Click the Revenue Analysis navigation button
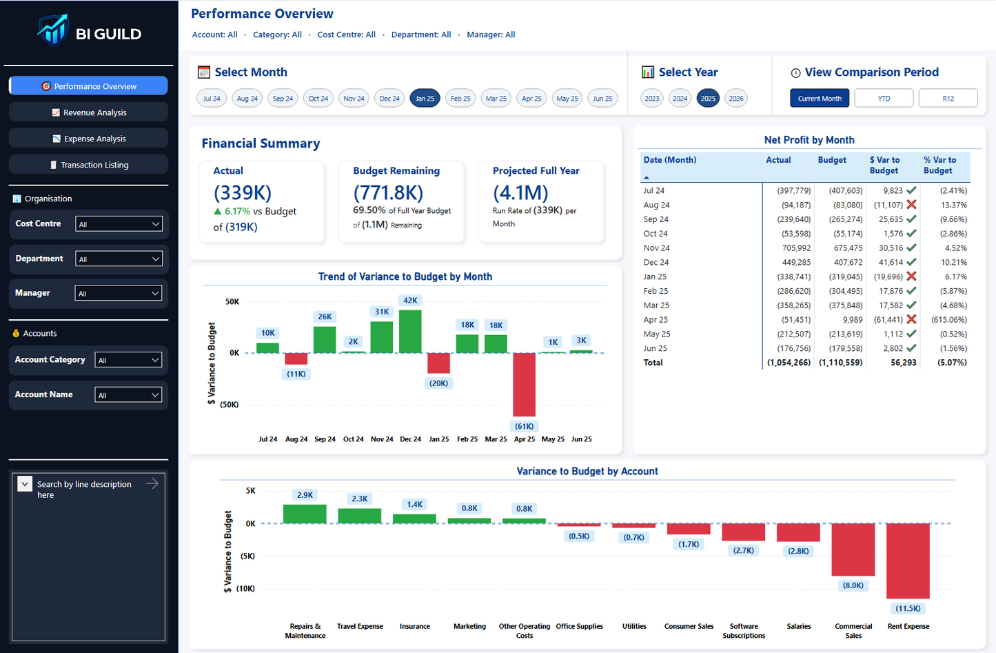pos(88,112)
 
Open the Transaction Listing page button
pos(88,165)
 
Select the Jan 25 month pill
pos(425,99)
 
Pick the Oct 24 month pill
pos(318,99)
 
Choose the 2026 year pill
pos(736,99)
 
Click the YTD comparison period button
pos(884,99)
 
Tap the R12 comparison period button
pos(948,99)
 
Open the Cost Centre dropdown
pos(119,224)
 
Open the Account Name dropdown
pos(128,395)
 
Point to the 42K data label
pos(410,301)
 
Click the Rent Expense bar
pos(908,560)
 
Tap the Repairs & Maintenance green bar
pos(305,514)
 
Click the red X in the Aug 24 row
pos(911,205)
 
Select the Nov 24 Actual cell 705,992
pos(796,248)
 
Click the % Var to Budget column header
pos(939,165)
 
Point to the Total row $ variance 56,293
pos(903,363)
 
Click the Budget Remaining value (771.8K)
pos(388,192)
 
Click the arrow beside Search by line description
pos(152,483)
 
